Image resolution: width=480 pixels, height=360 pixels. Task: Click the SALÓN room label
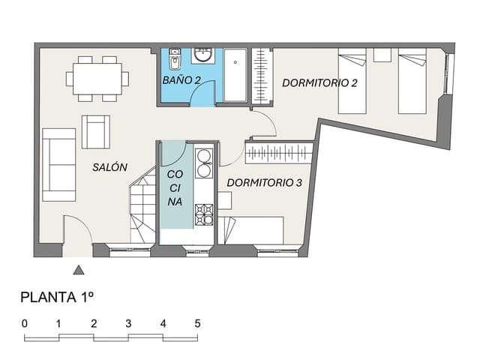[x=110, y=167]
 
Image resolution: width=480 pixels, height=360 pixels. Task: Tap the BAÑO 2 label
[x=181, y=79]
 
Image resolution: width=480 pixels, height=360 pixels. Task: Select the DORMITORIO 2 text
[x=319, y=82]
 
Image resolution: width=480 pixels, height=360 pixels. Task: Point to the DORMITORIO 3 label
[x=265, y=182]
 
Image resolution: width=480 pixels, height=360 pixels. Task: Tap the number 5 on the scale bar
[x=197, y=323]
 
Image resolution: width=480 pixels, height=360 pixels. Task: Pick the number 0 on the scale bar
[x=25, y=323]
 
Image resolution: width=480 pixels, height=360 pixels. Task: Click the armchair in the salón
[x=95, y=131]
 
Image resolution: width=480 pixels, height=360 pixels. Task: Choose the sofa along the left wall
[x=58, y=164]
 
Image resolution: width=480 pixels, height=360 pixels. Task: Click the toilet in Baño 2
[x=175, y=58]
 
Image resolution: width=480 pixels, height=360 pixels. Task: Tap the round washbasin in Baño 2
[x=202, y=55]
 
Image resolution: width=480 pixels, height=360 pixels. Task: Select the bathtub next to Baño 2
[x=235, y=74]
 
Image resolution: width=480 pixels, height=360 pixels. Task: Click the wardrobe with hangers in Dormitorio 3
[x=279, y=152]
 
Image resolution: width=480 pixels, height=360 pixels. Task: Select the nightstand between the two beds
[x=382, y=54]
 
